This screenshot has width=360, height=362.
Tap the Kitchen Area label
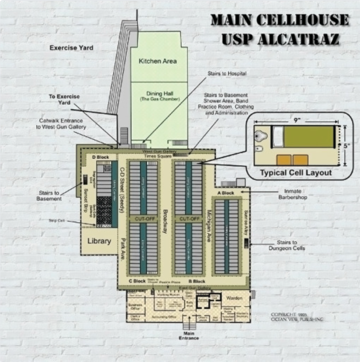tap(158, 61)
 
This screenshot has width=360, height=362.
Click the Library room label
tap(99, 241)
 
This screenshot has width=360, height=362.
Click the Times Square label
tap(158, 156)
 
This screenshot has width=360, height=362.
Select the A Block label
tap(225, 193)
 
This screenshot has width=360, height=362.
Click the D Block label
tap(100, 157)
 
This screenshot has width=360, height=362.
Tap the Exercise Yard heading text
tap(71, 48)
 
